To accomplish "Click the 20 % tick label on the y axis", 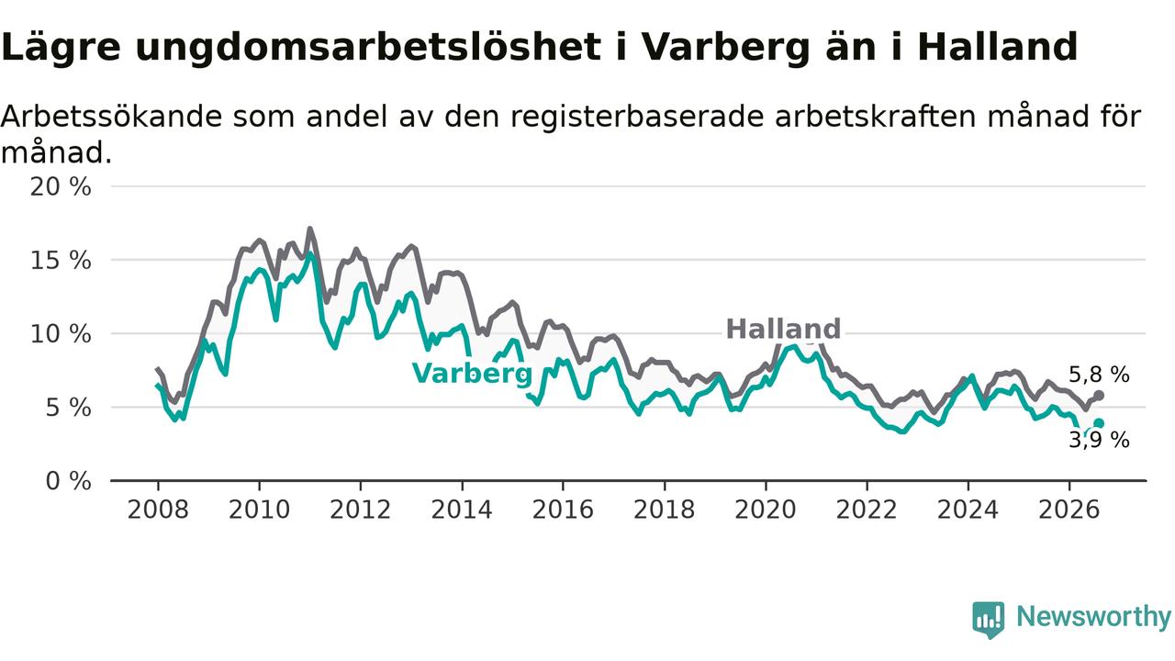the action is point(61,186).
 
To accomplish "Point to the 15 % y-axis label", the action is point(61,260).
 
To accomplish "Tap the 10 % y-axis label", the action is point(61,334).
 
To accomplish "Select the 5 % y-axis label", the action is point(68,408).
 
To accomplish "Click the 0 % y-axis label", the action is point(68,481).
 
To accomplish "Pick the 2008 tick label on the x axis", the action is point(158,510).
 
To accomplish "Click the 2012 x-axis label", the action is point(361,510).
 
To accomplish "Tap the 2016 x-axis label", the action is point(563,510).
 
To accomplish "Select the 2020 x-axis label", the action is point(766,510).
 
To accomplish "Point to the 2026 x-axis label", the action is point(1069,510).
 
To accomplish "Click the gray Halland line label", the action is point(783,330).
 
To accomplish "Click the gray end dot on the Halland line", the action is point(1099,395).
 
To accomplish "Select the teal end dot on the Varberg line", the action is point(1099,423).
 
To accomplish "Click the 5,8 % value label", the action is point(1100,375).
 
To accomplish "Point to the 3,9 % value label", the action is point(1100,440).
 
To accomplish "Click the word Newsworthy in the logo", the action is point(1093,616).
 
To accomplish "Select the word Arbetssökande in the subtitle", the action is point(112,116).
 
